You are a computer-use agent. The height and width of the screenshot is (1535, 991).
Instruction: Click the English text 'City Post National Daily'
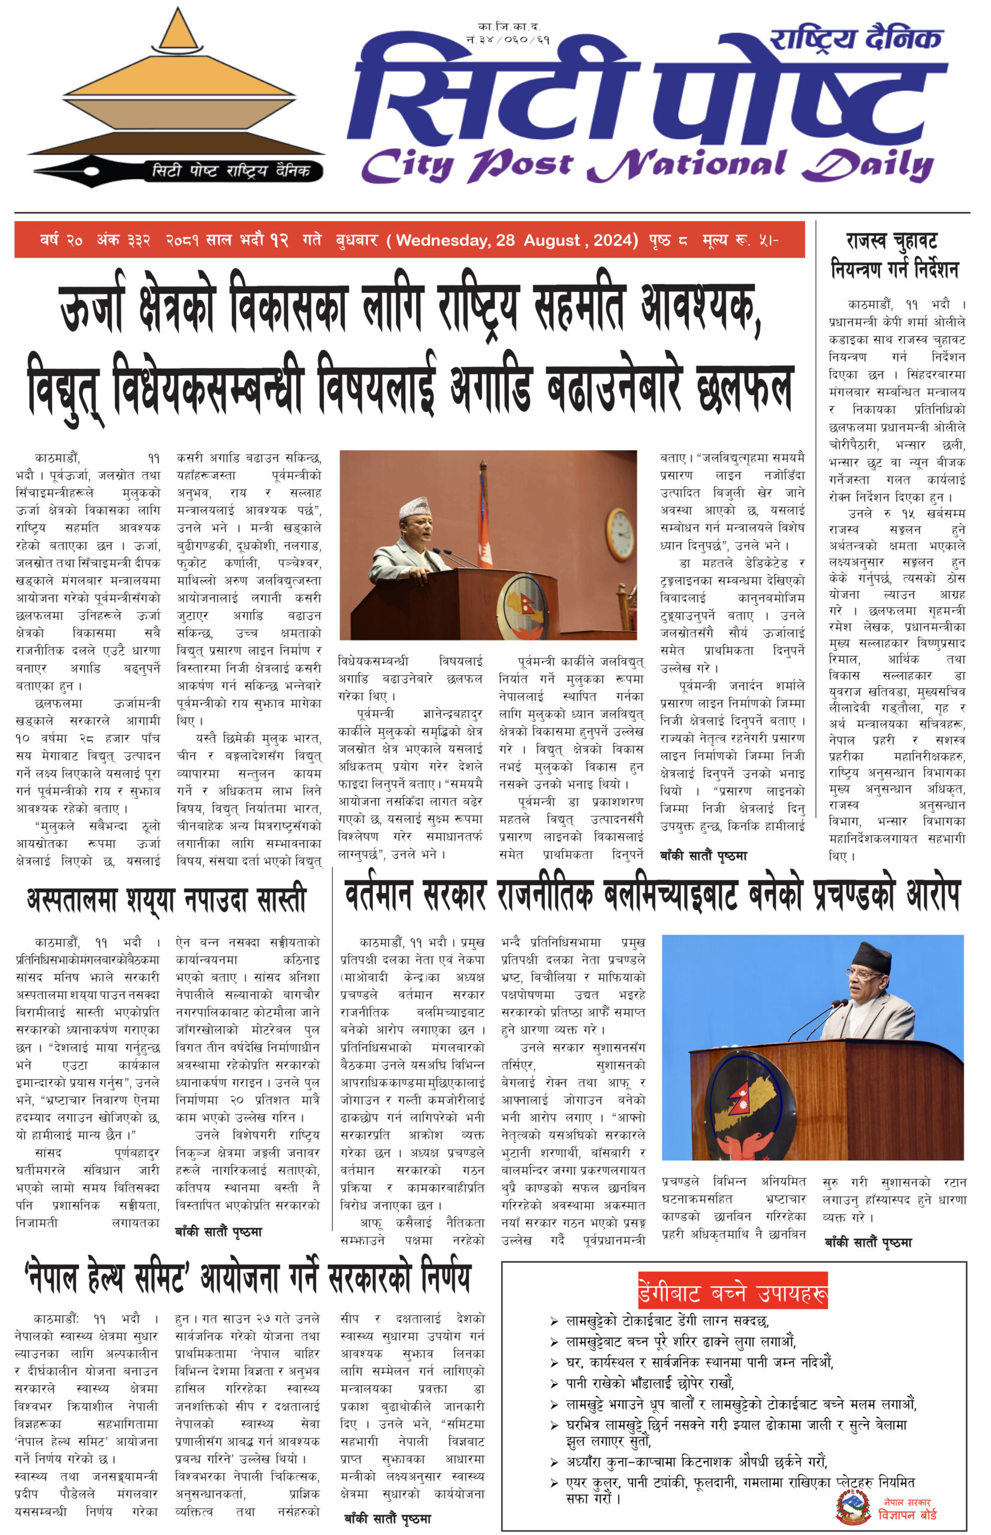(646, 165)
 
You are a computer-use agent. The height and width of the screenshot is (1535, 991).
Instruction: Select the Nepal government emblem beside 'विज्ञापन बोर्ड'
(853, 1503)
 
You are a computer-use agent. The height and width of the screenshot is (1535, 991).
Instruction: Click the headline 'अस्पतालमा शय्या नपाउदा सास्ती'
(166, 900)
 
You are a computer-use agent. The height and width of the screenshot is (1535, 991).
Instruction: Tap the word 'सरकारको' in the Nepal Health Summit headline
(369, 1277)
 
